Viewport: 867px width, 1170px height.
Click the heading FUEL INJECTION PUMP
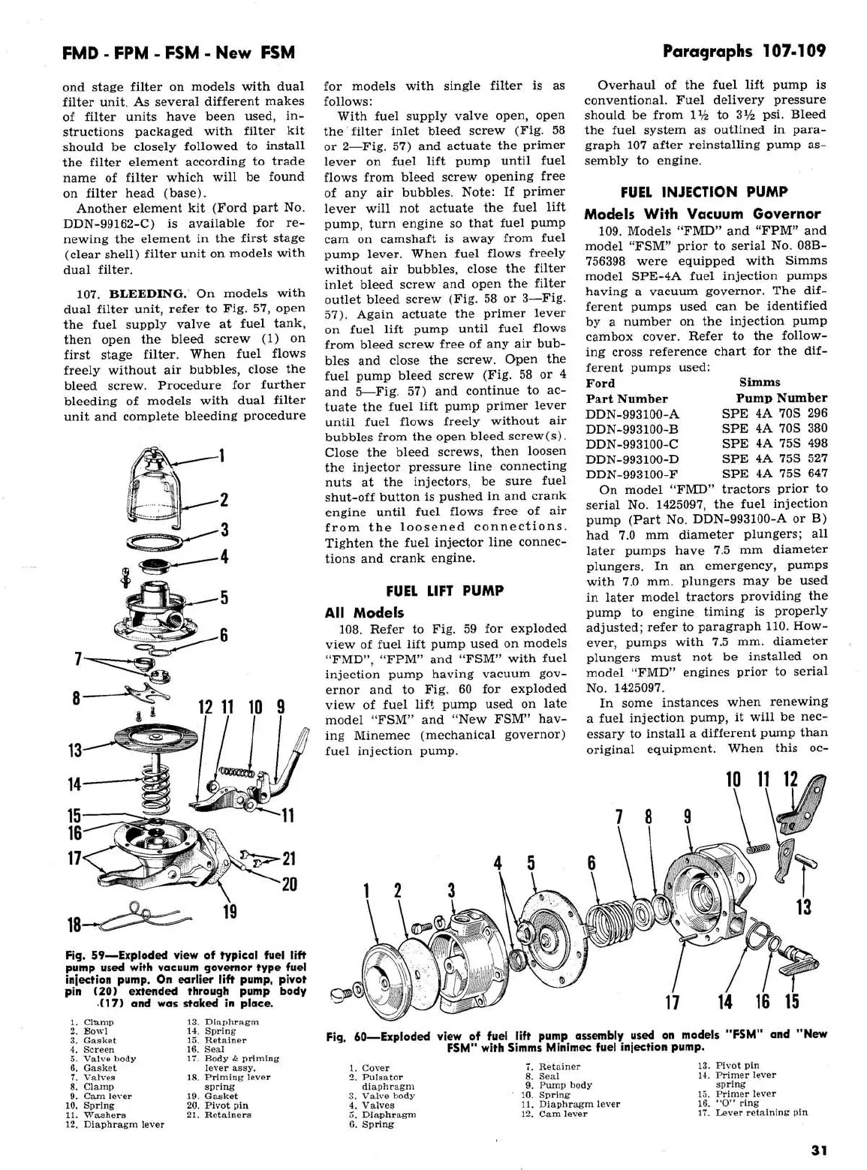tap(703, 192)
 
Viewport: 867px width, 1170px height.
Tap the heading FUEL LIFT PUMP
tap(444, 591)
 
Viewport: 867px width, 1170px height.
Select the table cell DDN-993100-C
tap(633, 444)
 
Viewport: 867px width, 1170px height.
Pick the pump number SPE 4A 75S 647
tap(775, 474)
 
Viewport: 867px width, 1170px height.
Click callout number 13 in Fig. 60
tap(804, 907)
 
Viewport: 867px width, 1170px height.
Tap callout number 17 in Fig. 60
tap(673, 1001)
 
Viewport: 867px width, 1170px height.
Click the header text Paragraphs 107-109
tap(744, 51)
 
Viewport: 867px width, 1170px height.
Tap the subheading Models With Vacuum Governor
tap(702, 214)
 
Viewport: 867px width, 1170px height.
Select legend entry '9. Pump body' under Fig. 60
tap(558, 1085)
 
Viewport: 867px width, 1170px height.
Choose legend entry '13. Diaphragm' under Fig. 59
tap(221, 1021)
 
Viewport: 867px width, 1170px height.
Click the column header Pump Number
tap(781, 398)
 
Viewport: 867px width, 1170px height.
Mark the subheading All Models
tap(364, 612)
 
